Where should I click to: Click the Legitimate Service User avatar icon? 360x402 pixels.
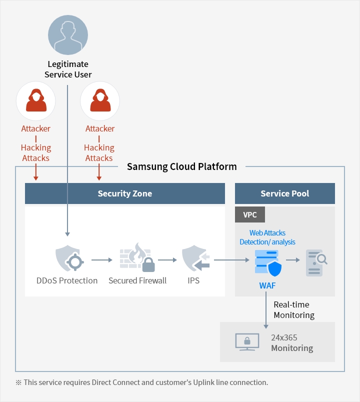click(x=68, y=35)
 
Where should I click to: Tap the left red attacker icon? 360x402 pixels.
click(x=36, y=101)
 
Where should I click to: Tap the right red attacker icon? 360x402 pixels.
click(x=100, y=101)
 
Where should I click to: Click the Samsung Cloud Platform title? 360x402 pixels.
click(x=182, y=166)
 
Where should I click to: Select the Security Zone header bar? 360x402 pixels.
click(x=125, y=193)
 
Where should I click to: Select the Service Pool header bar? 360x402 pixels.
click(x=285, y=193)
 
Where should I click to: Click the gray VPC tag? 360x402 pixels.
click(x=250, y=214)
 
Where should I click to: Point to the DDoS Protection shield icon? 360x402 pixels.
click(x=69, y=258)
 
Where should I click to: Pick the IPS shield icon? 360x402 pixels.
click(x=195, y=258)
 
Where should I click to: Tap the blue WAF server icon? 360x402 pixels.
click(x=268, y=263)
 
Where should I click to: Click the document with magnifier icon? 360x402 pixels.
click(x=316, y=263)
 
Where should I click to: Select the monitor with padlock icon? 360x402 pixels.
click(x=247, y=342)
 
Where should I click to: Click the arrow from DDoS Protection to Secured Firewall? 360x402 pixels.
click(x=102, y=260)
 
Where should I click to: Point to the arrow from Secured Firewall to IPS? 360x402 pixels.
click(x=167, y=260)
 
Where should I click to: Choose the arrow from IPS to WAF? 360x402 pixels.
click(x=231, y=260)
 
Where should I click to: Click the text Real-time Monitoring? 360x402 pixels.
click(x=294, y=309)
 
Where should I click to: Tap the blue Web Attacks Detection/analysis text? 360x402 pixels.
click(x=267, y=237)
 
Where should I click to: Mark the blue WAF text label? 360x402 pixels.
click(x=267, y=285)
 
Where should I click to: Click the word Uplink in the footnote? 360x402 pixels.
click(x=203, y=382)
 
